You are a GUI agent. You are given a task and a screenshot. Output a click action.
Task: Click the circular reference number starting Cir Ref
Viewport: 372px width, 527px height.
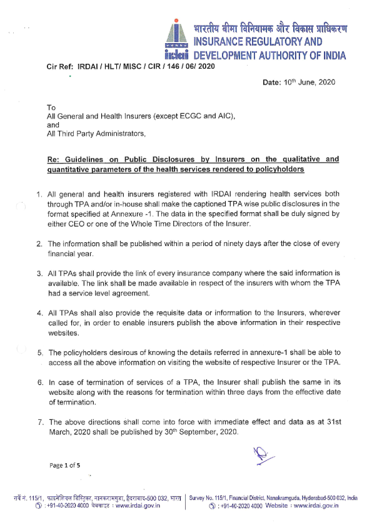point(131,66)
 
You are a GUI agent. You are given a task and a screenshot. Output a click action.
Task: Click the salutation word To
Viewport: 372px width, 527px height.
point(52,108)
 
